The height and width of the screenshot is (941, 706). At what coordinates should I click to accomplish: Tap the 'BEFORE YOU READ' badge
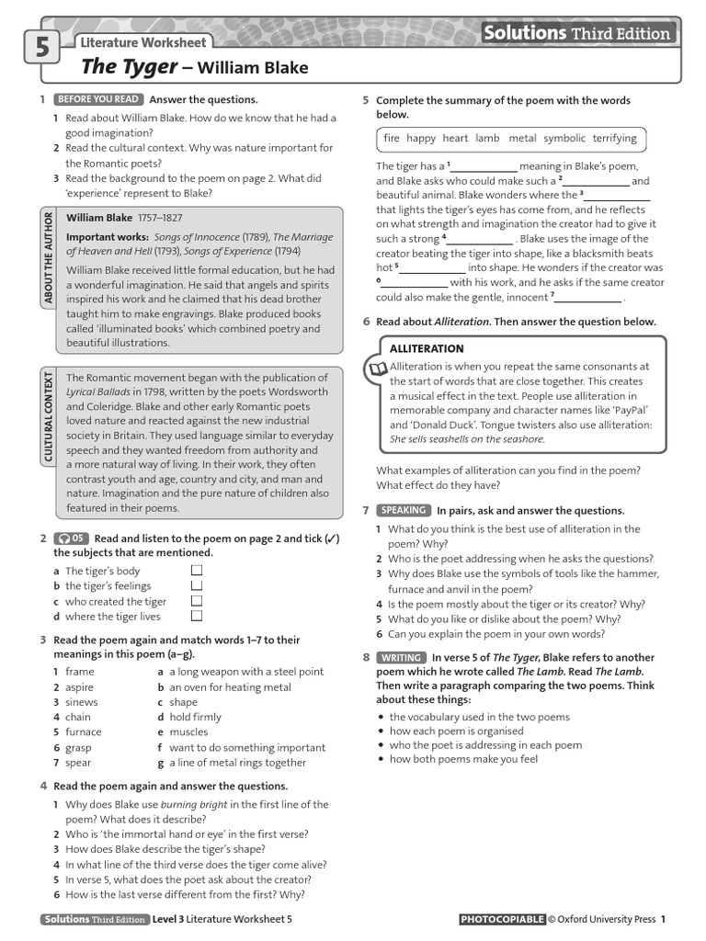97,99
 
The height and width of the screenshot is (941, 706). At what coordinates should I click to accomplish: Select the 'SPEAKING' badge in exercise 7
403,510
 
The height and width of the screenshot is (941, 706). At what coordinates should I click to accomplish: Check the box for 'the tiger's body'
196,571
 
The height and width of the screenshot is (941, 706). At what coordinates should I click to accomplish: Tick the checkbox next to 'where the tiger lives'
196,617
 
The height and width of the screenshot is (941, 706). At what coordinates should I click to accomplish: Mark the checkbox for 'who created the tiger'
196,601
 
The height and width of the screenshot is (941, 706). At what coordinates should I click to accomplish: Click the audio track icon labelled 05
72,539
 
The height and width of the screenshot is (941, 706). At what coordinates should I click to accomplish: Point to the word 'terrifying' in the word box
614,139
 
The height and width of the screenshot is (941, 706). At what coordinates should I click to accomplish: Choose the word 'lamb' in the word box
487,139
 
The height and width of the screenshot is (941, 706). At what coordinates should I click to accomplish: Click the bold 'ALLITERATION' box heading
427,349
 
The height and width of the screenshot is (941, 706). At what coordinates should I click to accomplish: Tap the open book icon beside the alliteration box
377,370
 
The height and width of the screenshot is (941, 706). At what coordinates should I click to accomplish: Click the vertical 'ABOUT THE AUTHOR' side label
48,257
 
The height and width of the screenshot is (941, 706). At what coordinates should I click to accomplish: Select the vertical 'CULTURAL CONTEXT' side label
48,416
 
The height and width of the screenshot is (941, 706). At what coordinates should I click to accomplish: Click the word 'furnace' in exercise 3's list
84,732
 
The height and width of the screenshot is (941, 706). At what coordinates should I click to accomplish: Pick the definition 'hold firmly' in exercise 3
195,717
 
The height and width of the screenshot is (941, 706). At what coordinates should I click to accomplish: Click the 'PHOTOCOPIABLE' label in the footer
501,919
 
